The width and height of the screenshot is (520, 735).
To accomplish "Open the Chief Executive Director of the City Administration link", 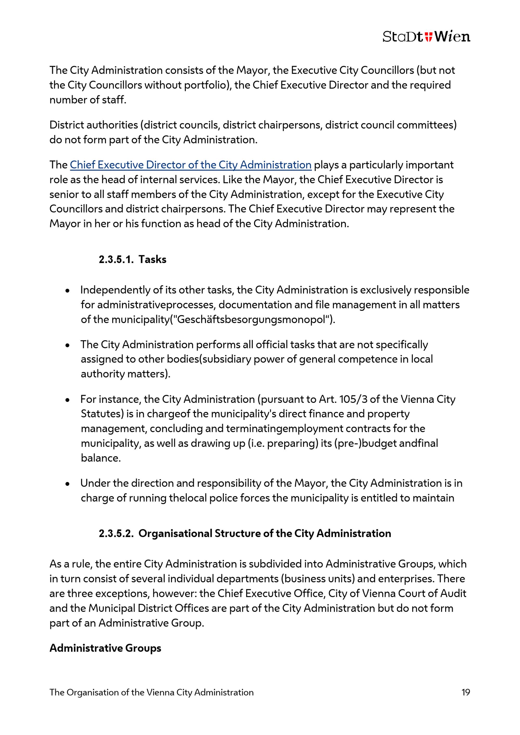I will click(x=191, y=165).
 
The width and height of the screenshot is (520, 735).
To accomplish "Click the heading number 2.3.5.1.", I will click(x=116, y=259).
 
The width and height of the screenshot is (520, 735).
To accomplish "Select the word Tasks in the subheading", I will click(x=152, y=259).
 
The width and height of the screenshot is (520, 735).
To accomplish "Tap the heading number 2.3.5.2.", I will click(x=116, y=533).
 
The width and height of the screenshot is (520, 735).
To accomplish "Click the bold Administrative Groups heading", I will click(x=105, y=648).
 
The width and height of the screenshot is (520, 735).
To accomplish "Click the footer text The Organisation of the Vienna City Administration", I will click(x=152, y=692).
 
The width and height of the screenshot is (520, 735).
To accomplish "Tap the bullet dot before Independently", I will click(x=68, y=291).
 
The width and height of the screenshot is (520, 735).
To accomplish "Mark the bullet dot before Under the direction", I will click(x=68, y=484).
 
